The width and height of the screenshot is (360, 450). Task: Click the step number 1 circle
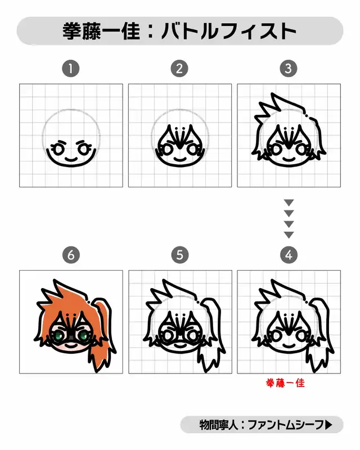[x=71, y=69]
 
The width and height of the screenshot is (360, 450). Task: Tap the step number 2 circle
[x=179, y=69]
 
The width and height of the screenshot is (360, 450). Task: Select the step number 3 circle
[x=288, y=69]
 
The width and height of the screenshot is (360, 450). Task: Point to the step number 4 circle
[x=289, y=255]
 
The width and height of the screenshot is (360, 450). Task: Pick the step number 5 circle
[x=179, y=255]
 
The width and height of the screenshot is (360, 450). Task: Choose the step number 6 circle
[x=71, y=255]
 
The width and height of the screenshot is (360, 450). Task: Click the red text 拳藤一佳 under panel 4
[x=285, y=383]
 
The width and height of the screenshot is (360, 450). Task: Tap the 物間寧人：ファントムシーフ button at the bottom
[x=262, y=425]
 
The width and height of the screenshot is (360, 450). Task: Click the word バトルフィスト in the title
[x=229, y=31]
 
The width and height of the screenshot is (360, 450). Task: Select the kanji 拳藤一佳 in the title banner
[x=101, y=31]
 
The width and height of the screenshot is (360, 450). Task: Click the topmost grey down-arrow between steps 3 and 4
[x=289, y=202]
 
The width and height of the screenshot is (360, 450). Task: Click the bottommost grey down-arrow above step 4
[x=289, y=235]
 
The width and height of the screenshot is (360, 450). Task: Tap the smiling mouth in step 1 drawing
[x=71, y=159]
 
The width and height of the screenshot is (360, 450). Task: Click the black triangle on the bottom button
[x=328, y=425]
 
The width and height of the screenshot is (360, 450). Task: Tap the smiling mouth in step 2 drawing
[x=179, y=159]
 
